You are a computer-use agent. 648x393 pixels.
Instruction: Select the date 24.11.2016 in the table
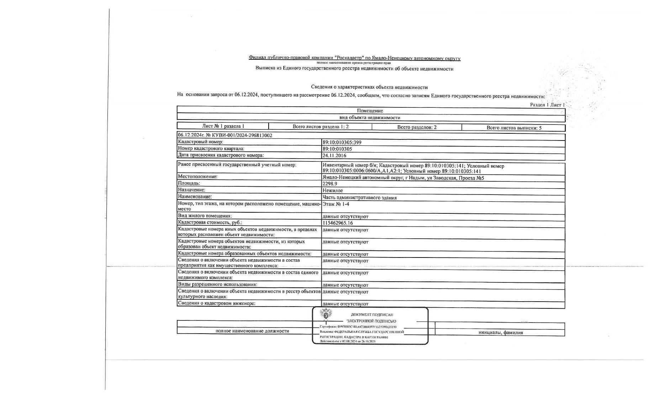pyautogui.click(x=334, y=155)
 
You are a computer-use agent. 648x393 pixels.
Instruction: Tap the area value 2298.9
pyautogui.click(x=330, y=184)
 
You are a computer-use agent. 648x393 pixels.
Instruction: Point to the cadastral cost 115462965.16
pyautogui.click(x=337, y=223)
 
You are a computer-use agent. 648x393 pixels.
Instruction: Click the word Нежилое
pyautogui.click(x=332, y=190)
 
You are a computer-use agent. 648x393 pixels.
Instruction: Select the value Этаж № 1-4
pyautogui.click(x=336, y=204)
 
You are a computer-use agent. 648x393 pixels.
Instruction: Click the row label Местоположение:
pyautogui.click(x=197, y=176)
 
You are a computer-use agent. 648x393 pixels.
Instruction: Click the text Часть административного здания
pyautogui.click(x=359, y=197)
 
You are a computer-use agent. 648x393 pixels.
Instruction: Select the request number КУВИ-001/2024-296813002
pyautogui.click(x=242, y=135)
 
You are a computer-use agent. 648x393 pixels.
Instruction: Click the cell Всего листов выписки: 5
pyautogui.click(x=513, y=128)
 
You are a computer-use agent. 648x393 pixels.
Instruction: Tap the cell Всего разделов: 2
pyautogui.click(x=417, y=127)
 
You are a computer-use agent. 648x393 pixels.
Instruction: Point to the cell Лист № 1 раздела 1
pyautogui.click(x=223, y=126)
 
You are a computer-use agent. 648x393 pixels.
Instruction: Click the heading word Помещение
pyautogui.click(x=370, y=111)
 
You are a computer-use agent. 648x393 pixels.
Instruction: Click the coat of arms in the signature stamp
pyautogui.click(x=326, y=315)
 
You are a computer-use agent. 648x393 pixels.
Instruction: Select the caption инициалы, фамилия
pyautogui.click(x=500, y=333)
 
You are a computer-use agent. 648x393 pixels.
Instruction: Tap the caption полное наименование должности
pyautogui.click(x=252, y=331)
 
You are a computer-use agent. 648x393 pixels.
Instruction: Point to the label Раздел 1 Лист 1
pyautogui.click(x=547, y=105)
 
